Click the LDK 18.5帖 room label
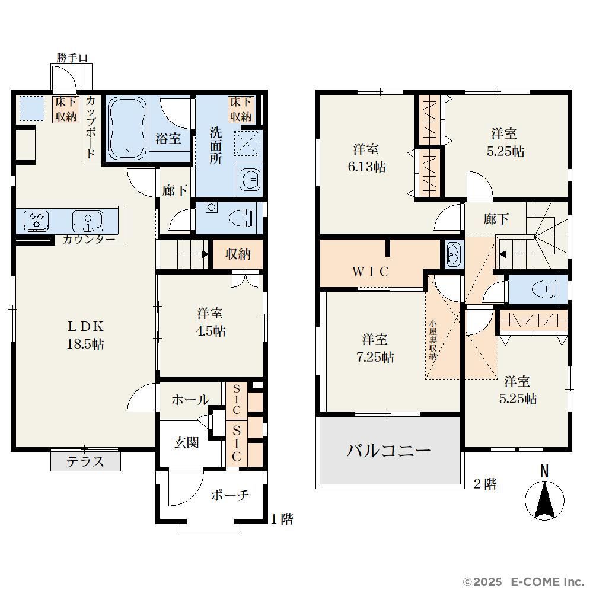[85, 335]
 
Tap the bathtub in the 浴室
[127, 128]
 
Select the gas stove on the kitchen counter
[36, 221]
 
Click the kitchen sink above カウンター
[88, 221]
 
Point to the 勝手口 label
[72, 58]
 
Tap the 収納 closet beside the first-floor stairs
[238, 254]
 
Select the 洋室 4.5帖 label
[211, 322]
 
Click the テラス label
[85, 461]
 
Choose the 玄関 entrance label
[186, 442]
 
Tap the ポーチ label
[230, 495]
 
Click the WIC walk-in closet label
[370, 272]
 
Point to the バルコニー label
[389, 451]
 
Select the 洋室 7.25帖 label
[375, 348]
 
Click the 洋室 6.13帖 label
[366, 158]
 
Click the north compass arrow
[544, 499]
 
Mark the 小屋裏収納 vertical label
[433, 340]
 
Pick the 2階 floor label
[485, 484]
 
